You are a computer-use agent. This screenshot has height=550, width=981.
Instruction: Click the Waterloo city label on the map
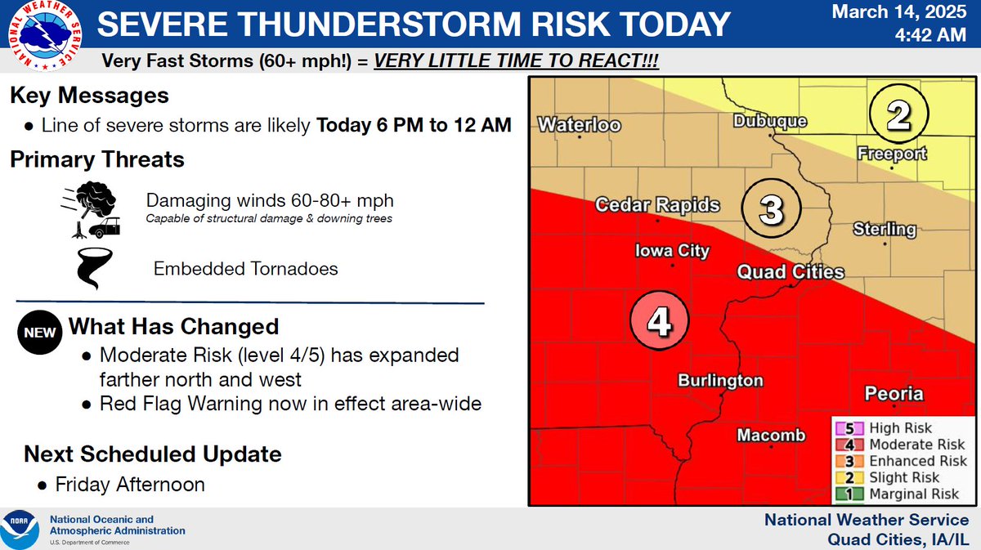click(579, 125)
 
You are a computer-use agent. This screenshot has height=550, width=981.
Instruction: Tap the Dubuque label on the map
click(769, 121)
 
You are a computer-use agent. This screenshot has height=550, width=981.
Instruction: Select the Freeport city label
click(892, 154)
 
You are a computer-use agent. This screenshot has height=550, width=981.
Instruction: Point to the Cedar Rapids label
click(657, 205)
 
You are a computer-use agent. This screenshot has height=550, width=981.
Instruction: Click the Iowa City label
click(673, 252)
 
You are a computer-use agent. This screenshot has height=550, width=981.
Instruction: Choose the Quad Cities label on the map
click(791, 272)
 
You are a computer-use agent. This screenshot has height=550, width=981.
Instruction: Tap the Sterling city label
click(885, 230)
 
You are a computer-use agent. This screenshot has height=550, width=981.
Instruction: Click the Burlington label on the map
click(720, 381)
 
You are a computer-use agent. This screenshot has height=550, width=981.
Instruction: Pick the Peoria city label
click(894, 394)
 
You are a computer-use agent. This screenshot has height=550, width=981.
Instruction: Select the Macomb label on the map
click(771, 436)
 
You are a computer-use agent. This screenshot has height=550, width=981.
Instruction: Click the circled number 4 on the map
click(660, 323)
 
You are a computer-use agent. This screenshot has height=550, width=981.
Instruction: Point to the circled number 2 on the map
click(899, 116)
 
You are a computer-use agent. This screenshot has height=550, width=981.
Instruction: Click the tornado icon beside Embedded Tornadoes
click(90, 269)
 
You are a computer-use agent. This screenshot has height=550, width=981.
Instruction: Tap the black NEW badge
click(38, 333)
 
